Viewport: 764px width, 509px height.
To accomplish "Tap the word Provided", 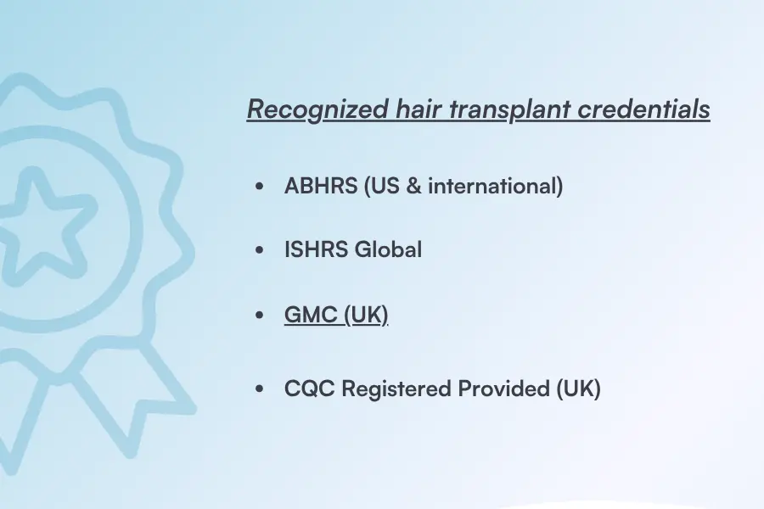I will pyautogui.click(x=504, y=389).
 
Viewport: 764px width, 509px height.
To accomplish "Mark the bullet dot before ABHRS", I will pyautogui.click(x=260, y=187).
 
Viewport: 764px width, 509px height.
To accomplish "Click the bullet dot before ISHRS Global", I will pyautogui.click(x=260, y=251).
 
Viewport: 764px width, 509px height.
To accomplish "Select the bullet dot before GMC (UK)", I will pyautogui.click(x=260, y=316).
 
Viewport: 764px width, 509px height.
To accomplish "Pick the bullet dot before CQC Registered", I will pyautogui.click(x=260, y=389).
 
